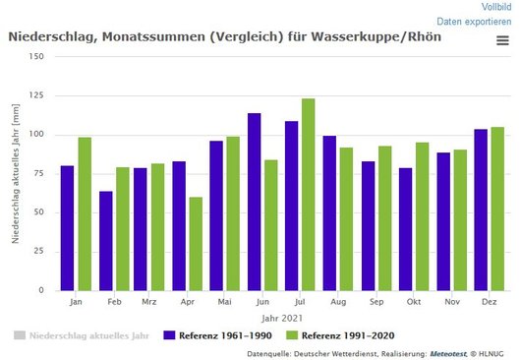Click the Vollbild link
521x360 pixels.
495,6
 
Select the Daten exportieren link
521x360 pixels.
474,21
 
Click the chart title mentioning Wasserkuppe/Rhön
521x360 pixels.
224,36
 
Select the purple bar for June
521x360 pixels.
254,202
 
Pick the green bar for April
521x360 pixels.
196,244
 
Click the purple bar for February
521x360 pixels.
105,241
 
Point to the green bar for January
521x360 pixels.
85,213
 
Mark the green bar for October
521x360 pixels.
421,216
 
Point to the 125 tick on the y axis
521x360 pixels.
36,95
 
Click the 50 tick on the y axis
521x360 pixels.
39,212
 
